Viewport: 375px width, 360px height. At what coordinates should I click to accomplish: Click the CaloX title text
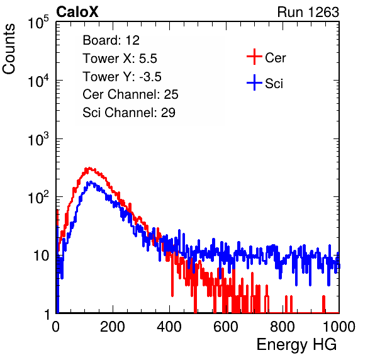click(77, 12)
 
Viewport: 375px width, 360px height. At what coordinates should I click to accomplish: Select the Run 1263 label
click(308, 12)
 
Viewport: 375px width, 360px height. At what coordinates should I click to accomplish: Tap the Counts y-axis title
click(9, 49)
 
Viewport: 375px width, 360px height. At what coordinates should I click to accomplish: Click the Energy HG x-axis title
click(296, 345)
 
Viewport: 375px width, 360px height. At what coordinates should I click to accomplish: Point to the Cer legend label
click(275, 58)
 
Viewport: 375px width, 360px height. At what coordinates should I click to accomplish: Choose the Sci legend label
click(274, 84)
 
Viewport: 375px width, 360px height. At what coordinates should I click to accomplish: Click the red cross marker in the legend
click(254, 57)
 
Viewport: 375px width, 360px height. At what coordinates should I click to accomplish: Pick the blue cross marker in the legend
click(254, 82)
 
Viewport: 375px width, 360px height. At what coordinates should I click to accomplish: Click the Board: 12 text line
click(111, 40)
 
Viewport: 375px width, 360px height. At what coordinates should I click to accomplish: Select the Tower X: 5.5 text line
click(120, 59)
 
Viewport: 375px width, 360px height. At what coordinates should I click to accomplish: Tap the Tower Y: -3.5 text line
click(122, 77)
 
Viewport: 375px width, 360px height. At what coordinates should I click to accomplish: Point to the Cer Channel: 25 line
click(130, 94)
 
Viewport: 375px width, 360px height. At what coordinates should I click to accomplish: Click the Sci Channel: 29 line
click(129, 113)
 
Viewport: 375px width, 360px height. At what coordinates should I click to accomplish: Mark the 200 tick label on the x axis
click(113, 327)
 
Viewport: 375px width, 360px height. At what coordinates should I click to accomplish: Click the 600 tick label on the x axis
click(226, 327)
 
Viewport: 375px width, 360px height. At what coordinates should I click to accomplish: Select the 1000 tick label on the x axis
click(339, 327)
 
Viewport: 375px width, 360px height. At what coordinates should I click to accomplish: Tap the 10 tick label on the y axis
click(41, 256)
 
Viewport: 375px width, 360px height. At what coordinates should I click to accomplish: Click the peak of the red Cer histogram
click(89, 168)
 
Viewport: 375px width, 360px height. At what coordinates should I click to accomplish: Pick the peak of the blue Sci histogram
click(91, 182)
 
